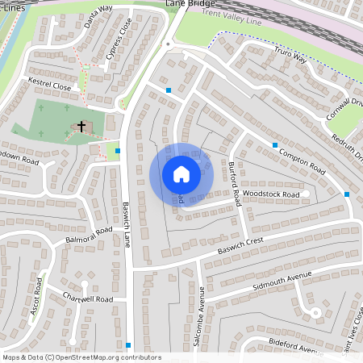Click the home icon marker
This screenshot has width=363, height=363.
point(181,173)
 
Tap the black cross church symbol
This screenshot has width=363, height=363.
point(81,127)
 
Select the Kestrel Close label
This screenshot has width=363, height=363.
point(51,83)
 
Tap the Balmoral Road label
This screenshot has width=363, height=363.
point(90,235)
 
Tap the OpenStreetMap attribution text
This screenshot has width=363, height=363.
point(81,357)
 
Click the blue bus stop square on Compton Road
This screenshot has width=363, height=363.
point(275,145)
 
